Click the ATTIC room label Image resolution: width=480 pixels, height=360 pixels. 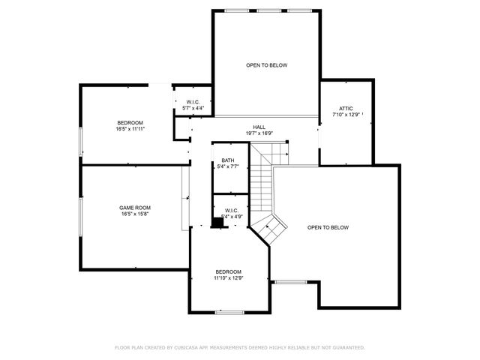[x=346, y=108]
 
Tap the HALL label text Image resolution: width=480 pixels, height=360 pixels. [x=259, y=127]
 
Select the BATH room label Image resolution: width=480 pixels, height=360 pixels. [x=228, y=160]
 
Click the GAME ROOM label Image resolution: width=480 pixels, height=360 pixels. [x=135, y=208]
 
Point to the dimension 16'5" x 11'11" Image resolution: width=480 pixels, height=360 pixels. [x=130, y=129]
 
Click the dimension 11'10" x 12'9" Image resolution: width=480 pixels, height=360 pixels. [x=229, y=278]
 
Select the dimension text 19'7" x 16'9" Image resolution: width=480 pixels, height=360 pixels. [x=259, y=133]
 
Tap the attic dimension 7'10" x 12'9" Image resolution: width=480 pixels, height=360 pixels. [x=346, y=115]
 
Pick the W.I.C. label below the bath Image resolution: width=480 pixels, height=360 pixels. [x=231, y=210]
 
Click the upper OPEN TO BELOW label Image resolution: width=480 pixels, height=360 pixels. [x=266, y=65]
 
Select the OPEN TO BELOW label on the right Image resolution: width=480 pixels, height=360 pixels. [x=328, y=227]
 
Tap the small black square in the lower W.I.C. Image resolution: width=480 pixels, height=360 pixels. [x=217, y=222]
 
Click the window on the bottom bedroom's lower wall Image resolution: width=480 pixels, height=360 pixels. [x=228, y=312]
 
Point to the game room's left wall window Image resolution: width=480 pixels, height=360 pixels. [x=80, y=217]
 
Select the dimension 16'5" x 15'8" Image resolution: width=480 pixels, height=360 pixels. [x=135, y=214]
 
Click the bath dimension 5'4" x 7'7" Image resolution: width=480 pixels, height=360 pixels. [x=228, y=166]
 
